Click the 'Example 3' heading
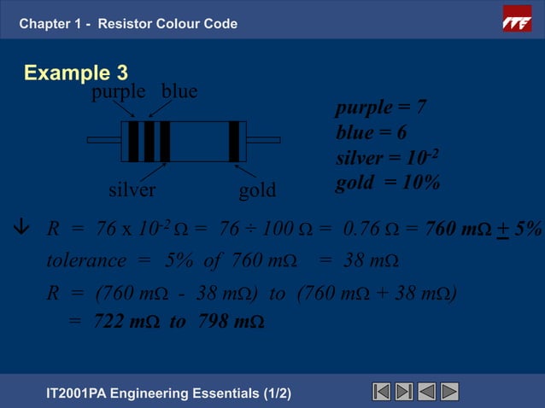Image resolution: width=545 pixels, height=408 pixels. pyautogui.click(x=76, y=73)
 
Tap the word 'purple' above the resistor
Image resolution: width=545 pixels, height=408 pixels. pyautogui.click(x=117, y=92)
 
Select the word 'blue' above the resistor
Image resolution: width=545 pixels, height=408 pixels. pyautogui.click(x=179, y=92)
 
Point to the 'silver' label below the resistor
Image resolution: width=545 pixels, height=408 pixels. pyautogui.click(x=132, y=189)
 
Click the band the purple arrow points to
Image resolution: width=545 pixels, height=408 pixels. pyautogui.click(x=133, y=141)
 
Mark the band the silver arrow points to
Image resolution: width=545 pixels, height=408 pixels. pyautogui.click(x=165, y=141)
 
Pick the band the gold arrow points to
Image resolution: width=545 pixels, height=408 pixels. pyautogui.click(x=233, y=141)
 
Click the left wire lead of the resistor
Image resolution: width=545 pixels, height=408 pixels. pyautogui.click(x=103, y=139)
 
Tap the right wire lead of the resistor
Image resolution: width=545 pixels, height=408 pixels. pyautogui.click(x=263, y=139)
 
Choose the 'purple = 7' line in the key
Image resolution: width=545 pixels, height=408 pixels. pyautogui.click(x=381, y=108)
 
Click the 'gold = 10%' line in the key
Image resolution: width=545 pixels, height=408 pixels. pyautogui.click(x=388, y=183)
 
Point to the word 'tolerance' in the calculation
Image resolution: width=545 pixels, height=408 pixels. pyautogui.click(x=85, y=259)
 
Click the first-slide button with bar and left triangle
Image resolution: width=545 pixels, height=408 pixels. pyautogui.click(x=382, y=392)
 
